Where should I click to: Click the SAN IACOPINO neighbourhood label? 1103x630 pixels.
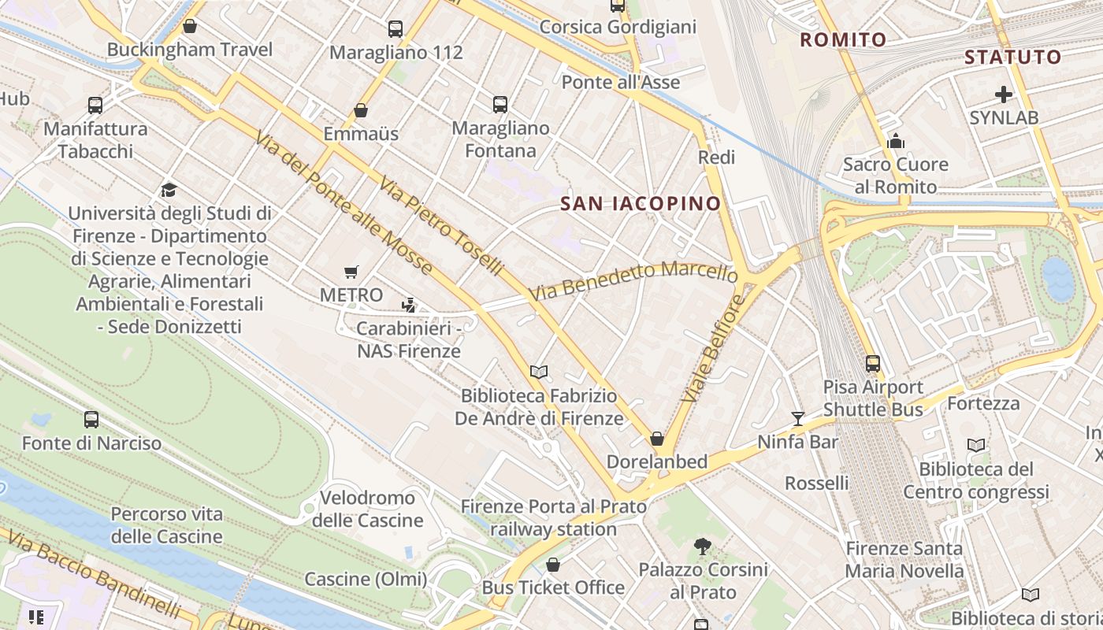click(640, 204)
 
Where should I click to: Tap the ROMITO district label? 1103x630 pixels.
click(843, 39)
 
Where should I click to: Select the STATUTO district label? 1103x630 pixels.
click(1013, 57)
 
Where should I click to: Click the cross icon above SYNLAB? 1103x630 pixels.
click(1003, 95)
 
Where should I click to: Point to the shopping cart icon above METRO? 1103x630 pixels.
click(351, 272)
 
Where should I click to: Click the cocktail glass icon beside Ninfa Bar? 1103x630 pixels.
click(797, 419)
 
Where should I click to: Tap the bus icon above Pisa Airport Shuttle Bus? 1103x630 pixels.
click(872, 364)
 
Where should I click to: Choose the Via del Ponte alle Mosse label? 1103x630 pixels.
click(344, 203)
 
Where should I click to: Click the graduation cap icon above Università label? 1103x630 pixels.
click(169, 190)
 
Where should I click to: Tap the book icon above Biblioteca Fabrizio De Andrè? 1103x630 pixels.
click(539, 372)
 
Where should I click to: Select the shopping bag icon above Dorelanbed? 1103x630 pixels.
click(656, 439)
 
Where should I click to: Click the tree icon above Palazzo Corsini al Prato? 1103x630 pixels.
click(702, 546)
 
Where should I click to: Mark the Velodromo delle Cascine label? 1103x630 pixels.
click(367, 509)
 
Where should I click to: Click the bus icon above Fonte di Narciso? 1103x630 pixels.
click(91, 420)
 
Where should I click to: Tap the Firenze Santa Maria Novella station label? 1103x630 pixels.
click(904, 559)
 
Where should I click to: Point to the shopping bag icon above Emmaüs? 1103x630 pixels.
click(361, 110)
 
